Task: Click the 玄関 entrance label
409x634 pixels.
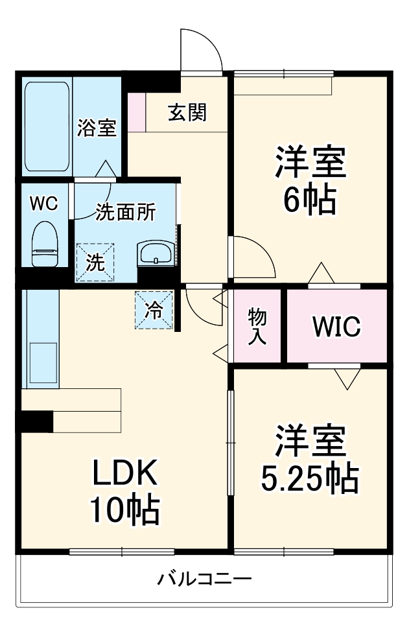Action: [x=187, y=113]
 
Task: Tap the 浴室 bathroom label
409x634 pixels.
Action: [x=97, y=127]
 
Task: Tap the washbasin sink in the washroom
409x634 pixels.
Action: [x=156, y=252]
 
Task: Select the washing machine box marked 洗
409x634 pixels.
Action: [x=95, y=263]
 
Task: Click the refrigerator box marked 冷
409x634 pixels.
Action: [x=154, y=310]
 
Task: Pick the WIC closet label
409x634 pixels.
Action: [x=336, y=327]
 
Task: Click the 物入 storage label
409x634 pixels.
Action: [x=257, y=327]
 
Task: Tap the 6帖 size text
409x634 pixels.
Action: [x=309, y=200]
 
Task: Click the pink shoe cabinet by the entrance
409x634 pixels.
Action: [x=137, y=112]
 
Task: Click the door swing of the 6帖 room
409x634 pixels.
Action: [x=254, y=256]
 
